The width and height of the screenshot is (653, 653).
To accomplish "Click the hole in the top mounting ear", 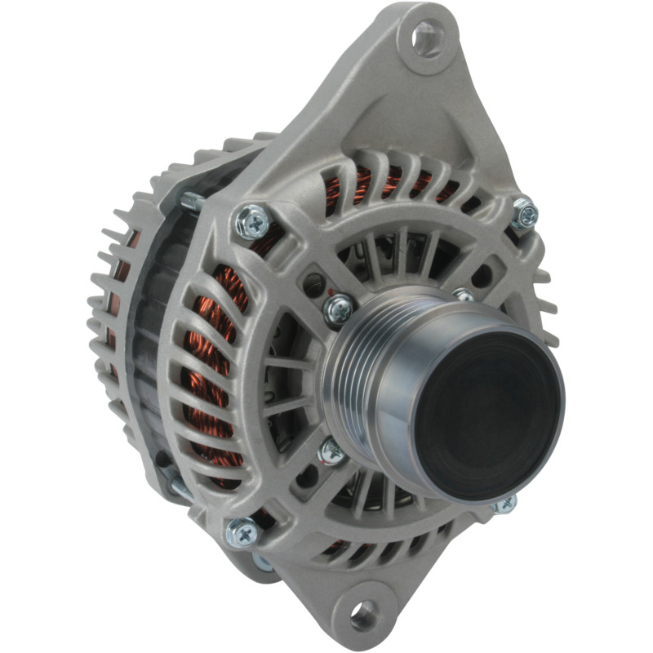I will [428, 38].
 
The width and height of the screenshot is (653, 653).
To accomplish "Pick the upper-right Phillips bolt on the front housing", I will [524, 214].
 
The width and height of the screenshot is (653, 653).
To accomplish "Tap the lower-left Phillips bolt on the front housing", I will [242, 531].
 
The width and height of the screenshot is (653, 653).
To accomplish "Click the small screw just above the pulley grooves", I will [338, 308].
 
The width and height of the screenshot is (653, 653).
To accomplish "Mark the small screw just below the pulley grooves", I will [331, 450].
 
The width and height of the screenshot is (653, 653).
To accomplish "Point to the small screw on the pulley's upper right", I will [463, 295].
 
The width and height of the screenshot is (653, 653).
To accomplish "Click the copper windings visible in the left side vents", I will [214, 343].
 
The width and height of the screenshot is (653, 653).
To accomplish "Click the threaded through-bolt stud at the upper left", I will [193, 201].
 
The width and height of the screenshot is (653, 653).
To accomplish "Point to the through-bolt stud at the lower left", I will [181, 488].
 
